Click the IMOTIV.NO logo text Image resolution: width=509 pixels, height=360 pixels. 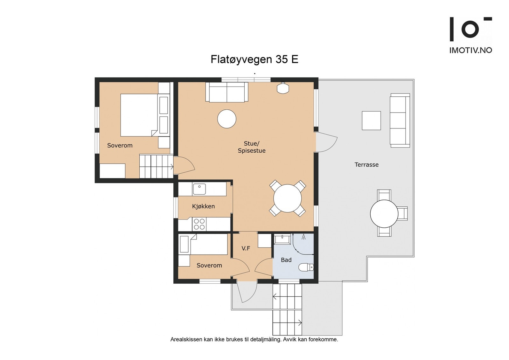coord(471,50)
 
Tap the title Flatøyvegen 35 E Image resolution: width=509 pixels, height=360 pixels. coord(254,59)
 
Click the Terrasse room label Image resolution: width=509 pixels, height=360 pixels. coord(366,165)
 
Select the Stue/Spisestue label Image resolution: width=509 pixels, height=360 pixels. coord(252,147)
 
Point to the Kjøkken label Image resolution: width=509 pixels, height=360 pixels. coord(203,206)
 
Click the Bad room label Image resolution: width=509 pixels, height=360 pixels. coord(286,260)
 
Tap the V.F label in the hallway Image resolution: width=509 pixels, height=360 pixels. coord(246,248)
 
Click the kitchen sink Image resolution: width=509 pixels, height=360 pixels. coord(199,189)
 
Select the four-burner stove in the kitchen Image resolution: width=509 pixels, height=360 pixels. coord(199,224)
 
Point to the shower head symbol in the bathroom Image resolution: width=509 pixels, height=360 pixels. coord(303,237)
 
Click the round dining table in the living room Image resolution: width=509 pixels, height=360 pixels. coord(288,198)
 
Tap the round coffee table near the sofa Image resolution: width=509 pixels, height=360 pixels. coord(227,119)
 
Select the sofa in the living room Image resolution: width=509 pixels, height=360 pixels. coord(227,92)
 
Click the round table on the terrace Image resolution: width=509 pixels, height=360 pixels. coord(384,214)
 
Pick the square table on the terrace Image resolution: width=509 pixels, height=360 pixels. coord(371,121)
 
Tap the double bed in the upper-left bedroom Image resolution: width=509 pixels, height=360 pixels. coord(139,115)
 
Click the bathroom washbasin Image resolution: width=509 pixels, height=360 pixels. coord(282,239)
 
